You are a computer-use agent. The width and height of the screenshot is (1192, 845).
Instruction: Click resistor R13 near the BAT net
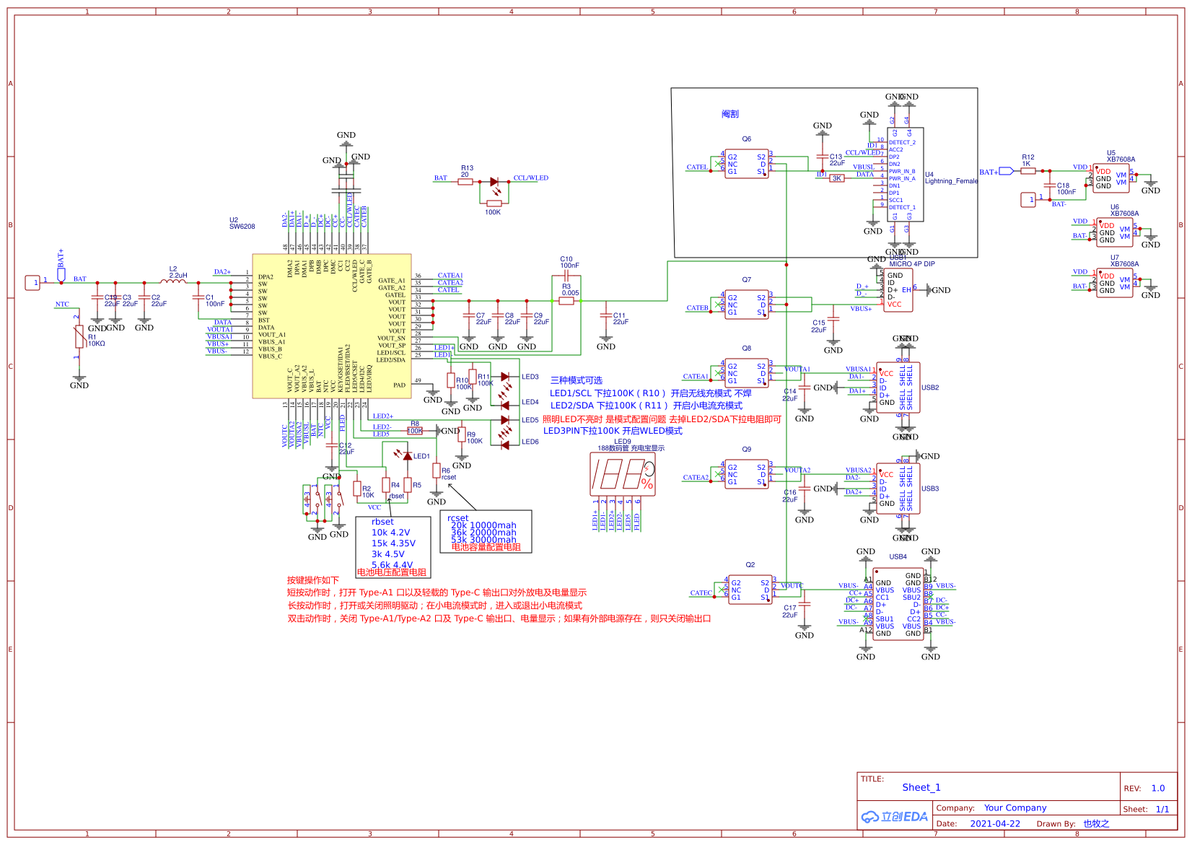[x=465, y=182]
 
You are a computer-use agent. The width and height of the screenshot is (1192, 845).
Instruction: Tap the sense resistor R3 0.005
[x=566, y=301]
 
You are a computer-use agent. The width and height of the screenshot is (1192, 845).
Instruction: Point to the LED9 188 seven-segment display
[x=623, y=474]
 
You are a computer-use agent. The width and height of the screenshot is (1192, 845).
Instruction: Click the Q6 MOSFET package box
[x=746, y=164]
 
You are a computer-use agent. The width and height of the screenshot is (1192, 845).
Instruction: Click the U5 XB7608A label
[x=1120, y=157]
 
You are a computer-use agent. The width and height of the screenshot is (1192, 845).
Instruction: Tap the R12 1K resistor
[x=1028, y=171]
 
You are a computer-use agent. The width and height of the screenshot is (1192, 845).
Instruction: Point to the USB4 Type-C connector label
[x=898, y=557]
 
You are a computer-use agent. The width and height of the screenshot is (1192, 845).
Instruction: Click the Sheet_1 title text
[x=921, y=787]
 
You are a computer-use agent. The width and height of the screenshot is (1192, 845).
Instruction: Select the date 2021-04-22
[x=995, y=823]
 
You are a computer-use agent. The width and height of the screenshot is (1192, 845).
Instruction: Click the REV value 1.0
[x=1158, y=788]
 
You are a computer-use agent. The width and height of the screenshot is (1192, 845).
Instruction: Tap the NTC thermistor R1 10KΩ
[x=79, y=336]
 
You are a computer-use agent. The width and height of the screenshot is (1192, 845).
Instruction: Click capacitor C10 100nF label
[x=569, y=262]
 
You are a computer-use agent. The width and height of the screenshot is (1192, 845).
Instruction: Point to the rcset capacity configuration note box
[x=486, y=532]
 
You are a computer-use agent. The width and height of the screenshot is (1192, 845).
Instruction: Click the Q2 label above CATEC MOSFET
[x=750, y=565]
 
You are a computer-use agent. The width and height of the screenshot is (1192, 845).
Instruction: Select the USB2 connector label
[x=929, y=388]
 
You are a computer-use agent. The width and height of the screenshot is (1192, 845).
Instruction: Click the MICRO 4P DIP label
[x=911, y=264]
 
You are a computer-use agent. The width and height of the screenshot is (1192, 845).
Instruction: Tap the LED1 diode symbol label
[x=421, y=456]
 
